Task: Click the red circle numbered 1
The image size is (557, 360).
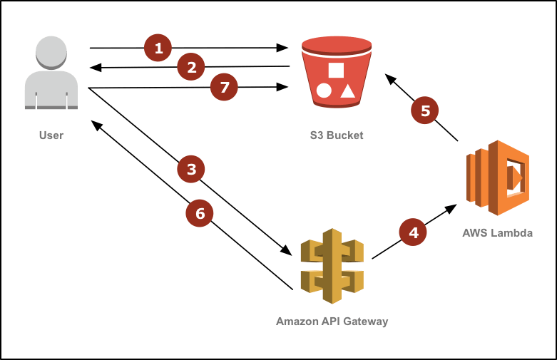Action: click(158, 48)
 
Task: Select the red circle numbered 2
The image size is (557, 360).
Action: click(191, 68)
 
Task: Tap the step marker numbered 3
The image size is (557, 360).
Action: click(191, 170)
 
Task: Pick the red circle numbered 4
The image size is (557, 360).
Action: click(413, 232)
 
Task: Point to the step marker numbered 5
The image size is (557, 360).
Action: click(426, 110)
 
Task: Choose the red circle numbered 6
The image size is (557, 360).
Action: click(200, 213)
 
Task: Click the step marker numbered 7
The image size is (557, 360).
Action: click(225, 88)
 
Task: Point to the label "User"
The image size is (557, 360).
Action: click(51, 135)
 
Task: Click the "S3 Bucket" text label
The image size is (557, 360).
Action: click(337, 135)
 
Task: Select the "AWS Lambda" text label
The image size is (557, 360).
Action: click(497, 233)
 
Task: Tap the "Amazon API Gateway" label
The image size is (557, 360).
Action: click(332, 322)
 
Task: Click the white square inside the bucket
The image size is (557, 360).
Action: click(337, 71)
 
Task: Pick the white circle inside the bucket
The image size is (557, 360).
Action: click(324, 91)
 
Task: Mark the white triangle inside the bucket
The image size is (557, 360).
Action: click(347, 91)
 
